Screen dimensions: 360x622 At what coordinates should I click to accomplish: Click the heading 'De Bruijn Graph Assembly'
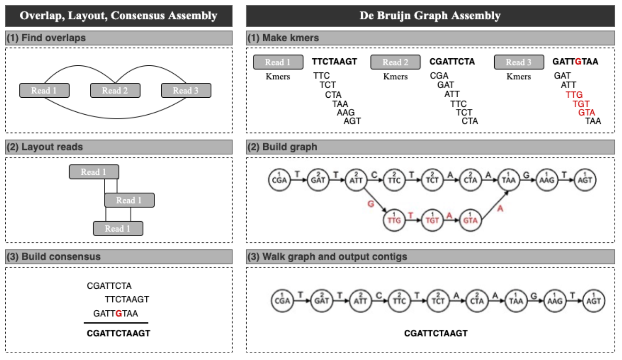(430, 16)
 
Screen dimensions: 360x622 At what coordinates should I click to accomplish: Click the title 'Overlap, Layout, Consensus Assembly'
(118, 16)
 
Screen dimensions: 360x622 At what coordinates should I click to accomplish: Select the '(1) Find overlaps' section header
(46, 38)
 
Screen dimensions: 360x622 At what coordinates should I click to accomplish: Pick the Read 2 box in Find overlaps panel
(115, 90)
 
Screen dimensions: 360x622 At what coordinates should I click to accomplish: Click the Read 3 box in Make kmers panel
(519, 62)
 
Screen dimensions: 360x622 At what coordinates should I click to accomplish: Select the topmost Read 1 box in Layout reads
(94, 172)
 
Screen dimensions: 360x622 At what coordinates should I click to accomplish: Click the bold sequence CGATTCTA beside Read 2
(452, 61)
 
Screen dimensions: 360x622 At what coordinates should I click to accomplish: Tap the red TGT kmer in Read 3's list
(581, 104)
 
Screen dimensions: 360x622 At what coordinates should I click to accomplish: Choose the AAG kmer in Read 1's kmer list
(346, 113)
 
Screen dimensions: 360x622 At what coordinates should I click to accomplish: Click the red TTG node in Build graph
(394, 220)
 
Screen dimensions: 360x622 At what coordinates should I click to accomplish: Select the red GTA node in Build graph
(470, 220)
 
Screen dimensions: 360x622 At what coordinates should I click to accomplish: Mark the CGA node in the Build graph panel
(279, 180)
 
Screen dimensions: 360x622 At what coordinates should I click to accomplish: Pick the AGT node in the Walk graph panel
(593, 301)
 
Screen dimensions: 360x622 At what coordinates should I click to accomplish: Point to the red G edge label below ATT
(371, 204)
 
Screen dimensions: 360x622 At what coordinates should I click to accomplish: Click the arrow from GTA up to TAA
(495, 205)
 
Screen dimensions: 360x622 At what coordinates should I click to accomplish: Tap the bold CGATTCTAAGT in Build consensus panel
(118, 333)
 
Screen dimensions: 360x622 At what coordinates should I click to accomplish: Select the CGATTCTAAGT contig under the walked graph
(436, 333)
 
